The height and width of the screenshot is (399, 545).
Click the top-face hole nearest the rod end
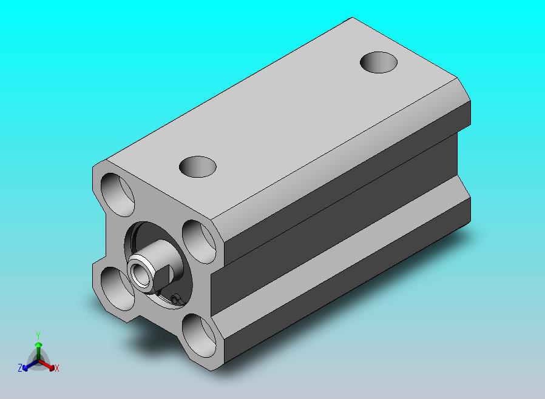197,167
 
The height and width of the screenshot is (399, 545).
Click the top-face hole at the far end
379,62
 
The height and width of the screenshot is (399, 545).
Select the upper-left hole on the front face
117,195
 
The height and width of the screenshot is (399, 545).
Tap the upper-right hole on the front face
199,242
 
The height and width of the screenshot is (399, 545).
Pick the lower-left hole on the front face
117,289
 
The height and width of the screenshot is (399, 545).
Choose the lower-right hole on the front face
199,336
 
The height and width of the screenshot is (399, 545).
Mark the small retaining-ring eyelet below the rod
176,299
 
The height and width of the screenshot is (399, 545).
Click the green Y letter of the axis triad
38,335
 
